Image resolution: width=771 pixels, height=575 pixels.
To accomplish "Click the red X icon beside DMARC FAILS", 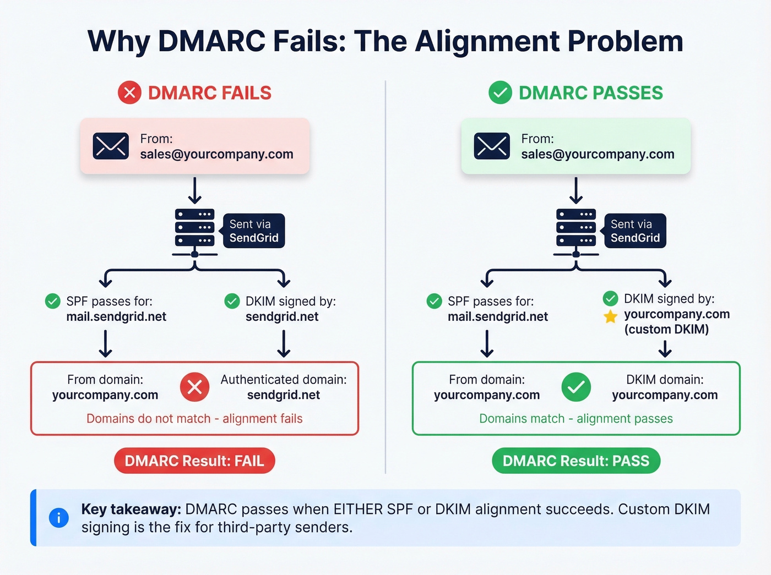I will (x=129, y=92).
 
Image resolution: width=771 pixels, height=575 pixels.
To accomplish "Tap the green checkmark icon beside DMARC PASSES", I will (x=500, y=92).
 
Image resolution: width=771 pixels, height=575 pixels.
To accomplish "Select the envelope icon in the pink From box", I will (x=111, y=146).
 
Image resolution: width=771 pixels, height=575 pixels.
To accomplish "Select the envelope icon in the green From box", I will (x=492, y=146).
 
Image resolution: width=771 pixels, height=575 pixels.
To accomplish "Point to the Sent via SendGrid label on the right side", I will (x=635, y=231).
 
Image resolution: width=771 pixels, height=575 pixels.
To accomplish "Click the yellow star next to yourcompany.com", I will (x=610, y=316).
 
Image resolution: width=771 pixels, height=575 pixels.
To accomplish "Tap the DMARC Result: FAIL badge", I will (x=194, y=461).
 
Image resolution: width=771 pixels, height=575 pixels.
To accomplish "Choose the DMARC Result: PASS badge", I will (x=576, y=461).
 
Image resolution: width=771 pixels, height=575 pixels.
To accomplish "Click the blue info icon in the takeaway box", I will (x=59, y=517).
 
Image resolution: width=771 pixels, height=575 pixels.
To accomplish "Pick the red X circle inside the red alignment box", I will (x=194, y=387).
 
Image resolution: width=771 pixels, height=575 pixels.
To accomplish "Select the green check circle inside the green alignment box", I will (x=576, y=387).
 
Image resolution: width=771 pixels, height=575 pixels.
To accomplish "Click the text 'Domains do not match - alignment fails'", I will (x=194, y=419).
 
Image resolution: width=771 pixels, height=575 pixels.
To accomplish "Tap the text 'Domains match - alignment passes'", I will (x=576, y=419).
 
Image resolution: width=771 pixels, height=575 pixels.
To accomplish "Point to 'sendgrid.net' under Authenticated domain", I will (x=284, y=395).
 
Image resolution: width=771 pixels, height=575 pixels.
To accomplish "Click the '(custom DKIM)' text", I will (x=666, y=330).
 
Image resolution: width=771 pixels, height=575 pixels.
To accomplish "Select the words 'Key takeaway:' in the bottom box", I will (x=131, y=510).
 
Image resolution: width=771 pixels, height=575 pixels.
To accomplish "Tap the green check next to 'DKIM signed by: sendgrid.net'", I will (x=232, y=302).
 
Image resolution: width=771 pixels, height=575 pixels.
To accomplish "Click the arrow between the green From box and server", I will (x=576, y=190).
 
